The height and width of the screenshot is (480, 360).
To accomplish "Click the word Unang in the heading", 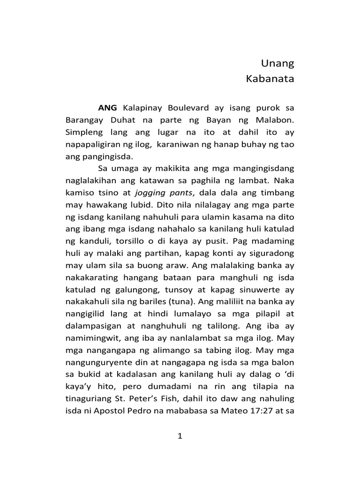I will pos(277,63).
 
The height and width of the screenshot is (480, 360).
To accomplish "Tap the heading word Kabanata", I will pos(270,79).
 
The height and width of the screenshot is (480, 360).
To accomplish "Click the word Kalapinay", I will pos(142,108).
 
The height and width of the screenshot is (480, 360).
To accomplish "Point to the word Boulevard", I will pos(189,108).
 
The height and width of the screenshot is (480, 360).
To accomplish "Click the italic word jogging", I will pos(150,192).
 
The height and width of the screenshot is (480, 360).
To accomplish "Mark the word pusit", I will pos(217,241).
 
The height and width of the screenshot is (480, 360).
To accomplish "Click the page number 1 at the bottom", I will pos(180,436).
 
